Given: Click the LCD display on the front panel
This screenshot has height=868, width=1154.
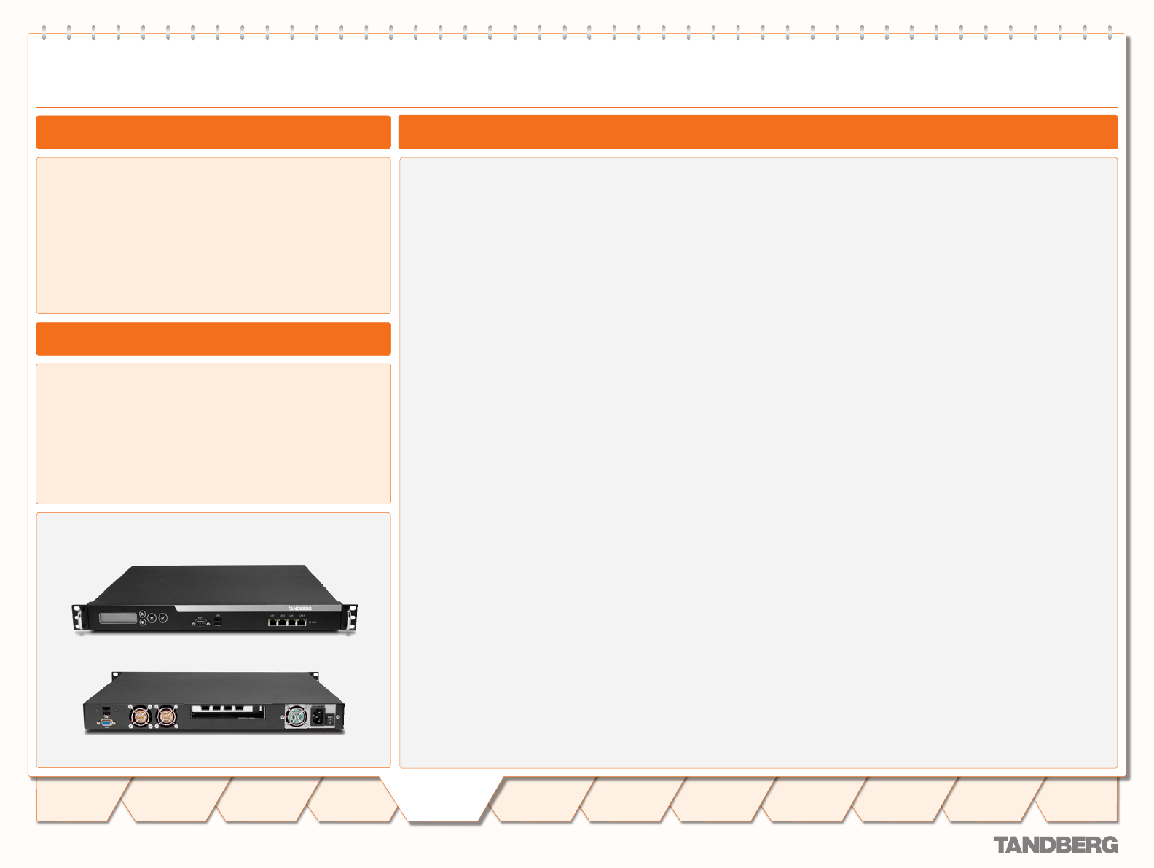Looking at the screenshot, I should pyautogui.click(x=118, y=618).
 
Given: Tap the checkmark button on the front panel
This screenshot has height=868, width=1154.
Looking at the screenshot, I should pyautogui.click(x=163, y=618).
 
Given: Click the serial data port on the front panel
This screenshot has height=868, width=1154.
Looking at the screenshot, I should pyautogui.click(x=200, y=623).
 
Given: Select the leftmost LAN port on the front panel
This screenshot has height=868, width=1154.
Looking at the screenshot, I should pyautogui.click(x=273, y=622).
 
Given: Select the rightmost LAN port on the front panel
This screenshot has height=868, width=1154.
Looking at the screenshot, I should pyautogui.click(x=302, y=622).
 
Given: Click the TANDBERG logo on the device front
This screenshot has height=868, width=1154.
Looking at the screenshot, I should pyautogui.click(x=299, y=609).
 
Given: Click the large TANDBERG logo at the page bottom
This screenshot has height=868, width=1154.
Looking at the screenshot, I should pyautogui.click(x=1056, y=845).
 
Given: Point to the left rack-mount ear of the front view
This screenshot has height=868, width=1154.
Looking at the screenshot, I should pyautogui.click(x=76, y=617).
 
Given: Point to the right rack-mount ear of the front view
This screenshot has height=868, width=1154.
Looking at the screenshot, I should pyautogui.click(x=352, y=617).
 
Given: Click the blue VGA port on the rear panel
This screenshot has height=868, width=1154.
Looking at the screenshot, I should pyautogui.click(x=106, y=723).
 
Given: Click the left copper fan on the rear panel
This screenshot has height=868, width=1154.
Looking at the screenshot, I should pyautogui.click(x=140, y=716).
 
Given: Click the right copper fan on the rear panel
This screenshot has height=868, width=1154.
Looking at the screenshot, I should pyautogui.click(x=167, y=716).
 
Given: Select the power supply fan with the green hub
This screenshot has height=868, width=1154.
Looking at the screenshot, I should pyautogui.click(x=296, y=716).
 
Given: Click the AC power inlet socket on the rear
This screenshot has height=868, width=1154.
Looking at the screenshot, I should pyautogui.click(x=318, y=717).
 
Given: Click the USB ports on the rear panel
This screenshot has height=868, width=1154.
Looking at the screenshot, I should pyautogui.click(x=106, y=711).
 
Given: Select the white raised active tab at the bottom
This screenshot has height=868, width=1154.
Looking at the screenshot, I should pyautogui.click(x=446, y=800).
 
